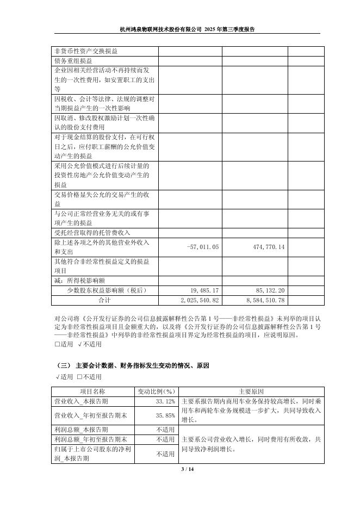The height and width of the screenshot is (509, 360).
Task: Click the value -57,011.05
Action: [x=202, y=247]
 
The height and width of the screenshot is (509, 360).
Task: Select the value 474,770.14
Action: [x=266, y=247]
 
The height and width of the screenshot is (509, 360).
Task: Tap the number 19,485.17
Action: [x=204, y=290]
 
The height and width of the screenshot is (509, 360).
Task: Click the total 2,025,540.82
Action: [x=198, y=300]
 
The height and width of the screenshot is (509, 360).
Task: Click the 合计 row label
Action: [x=104, y=300]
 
